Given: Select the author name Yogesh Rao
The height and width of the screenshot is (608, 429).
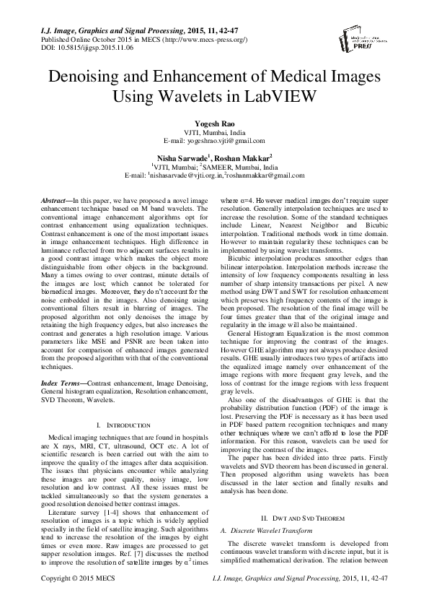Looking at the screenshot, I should (x=214, y=124).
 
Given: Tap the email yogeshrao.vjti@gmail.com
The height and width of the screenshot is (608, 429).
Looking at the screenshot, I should (x=224, y=141).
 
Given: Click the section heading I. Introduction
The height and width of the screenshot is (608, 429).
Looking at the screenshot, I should (x=123, y=426).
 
